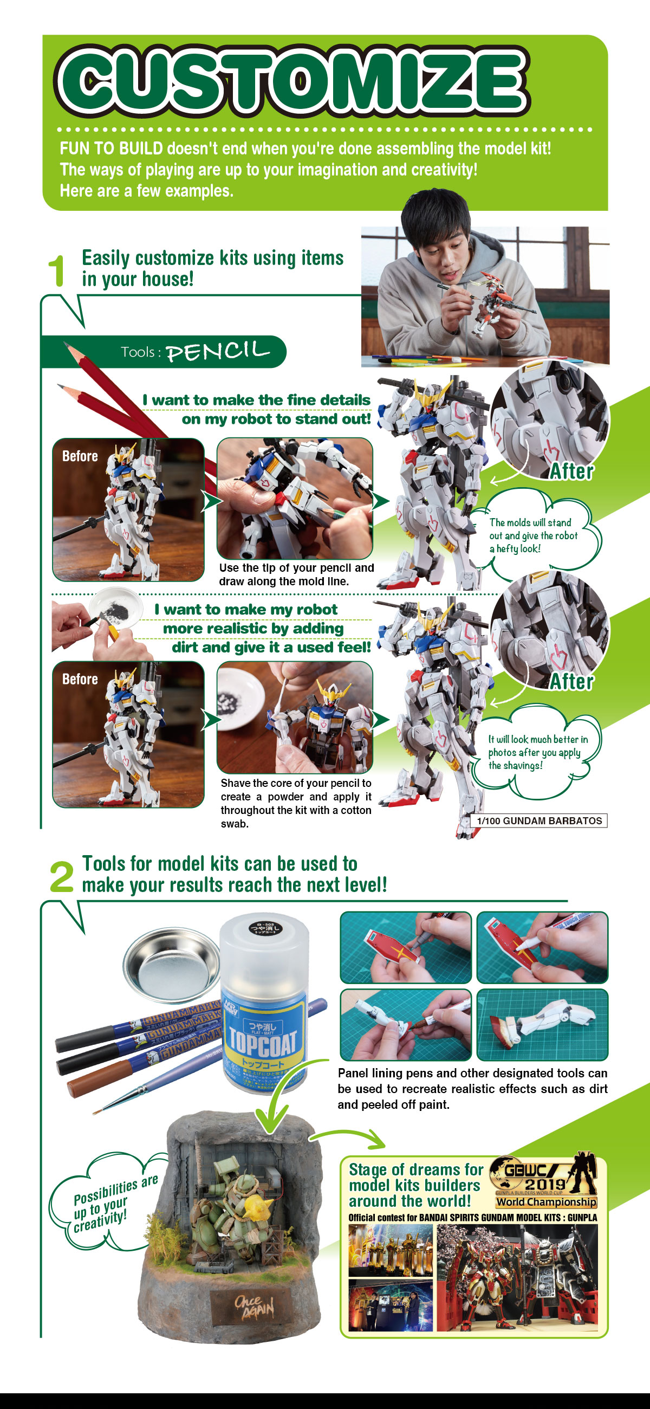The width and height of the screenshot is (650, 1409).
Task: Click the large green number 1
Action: [x=56, y=271]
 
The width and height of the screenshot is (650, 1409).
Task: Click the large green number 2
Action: [x=61, y=876]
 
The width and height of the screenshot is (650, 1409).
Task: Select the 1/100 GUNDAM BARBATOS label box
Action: [x=538, y=820]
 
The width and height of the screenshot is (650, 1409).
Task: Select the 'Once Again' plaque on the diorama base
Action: [x=253, y=1307]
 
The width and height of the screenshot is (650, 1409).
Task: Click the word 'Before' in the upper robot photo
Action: [x=80, y=456]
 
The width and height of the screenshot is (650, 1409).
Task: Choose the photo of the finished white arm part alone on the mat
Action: [x=542, y=1024]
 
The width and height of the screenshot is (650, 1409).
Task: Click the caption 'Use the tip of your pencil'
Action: [x=296, y=574]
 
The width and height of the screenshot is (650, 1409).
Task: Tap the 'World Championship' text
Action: [x=545, y=1201]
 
